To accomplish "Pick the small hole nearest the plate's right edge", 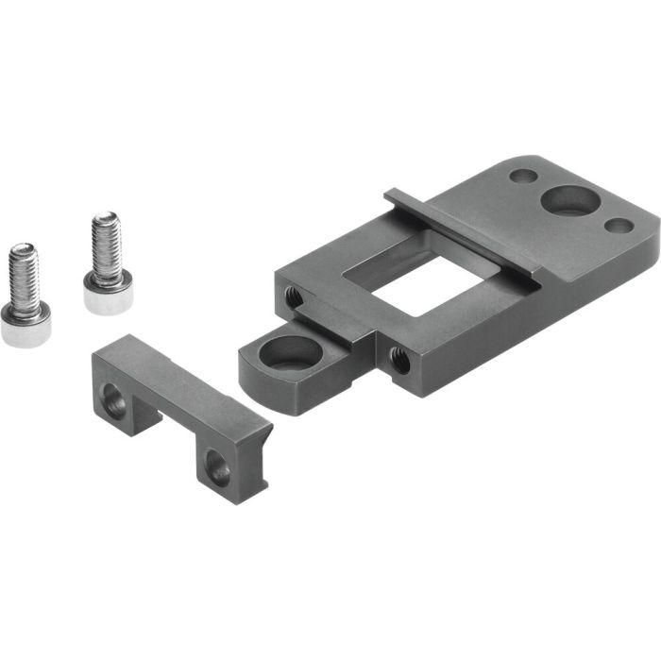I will (619, 226).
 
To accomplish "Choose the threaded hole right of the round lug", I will (399, 359).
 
